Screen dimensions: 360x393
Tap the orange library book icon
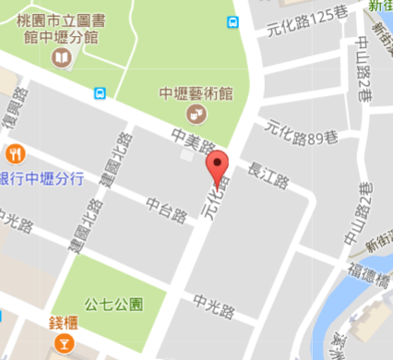click(61, 59)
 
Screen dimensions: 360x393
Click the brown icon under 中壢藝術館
click(196, 114)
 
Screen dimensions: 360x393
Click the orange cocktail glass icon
click(64, 345)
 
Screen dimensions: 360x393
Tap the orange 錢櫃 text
click(64, 323)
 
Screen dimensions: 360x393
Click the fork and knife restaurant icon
click(14, 154)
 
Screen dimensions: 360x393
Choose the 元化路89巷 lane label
click(295, 137)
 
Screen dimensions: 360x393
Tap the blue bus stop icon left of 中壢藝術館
click(100, 92)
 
